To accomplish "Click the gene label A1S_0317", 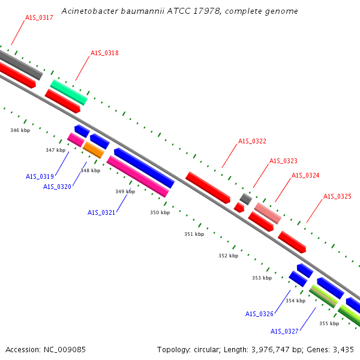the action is (39, 17).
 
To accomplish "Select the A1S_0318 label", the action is (104, 53).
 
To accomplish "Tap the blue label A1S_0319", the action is (40, 176).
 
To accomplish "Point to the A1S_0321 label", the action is (101, 212).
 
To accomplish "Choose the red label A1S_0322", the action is (252, 141).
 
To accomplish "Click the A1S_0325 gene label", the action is (337, 197).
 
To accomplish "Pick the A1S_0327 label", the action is (284, 331).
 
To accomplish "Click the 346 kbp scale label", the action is (20, 130).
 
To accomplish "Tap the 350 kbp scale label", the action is (160, 212).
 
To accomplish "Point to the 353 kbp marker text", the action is (262, 278).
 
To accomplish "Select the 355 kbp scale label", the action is (329, 323).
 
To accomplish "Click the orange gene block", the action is (94, 150).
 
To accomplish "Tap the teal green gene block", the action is (69, 92).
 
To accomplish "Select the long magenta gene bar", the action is (138, 176).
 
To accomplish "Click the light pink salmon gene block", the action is (268, 213).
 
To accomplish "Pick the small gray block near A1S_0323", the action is (246, 199).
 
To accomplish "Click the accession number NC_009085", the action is (65, 350).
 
